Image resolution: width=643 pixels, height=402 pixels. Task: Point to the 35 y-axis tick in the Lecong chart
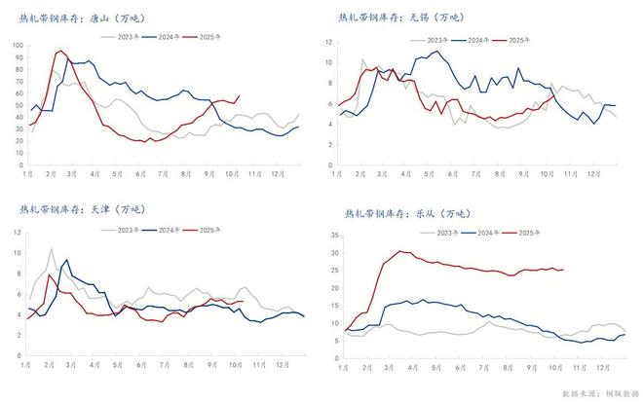[x=332, y=235]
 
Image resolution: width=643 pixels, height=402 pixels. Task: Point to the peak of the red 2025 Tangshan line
[x=60, y=51]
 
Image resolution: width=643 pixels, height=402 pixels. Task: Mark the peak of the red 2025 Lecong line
[x=401, y=251]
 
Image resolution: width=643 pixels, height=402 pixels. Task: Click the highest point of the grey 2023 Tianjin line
[x=52, y=249]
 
